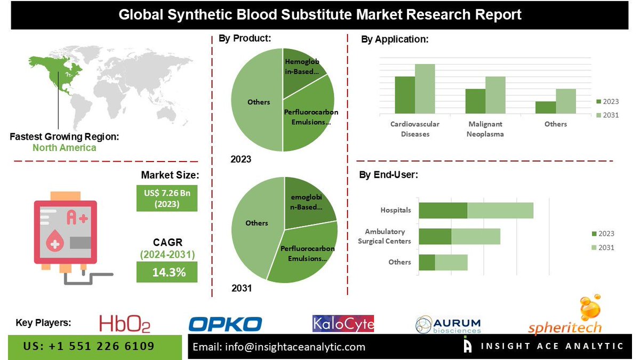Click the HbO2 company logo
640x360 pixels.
coord(124,324)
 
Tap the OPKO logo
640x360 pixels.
coord(226,324)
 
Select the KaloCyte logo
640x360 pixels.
coord(343,323)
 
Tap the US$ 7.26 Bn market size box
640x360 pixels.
coord(166,198)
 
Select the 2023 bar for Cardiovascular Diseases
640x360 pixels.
coord(405,95)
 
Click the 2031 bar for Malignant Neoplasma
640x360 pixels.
coord(495,95)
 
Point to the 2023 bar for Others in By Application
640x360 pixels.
coord(546,107)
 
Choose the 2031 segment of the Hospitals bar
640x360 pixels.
coord(500,210)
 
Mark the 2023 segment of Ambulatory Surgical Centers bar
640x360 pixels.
coord(435,236)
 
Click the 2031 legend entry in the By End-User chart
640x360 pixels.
coord(603,247)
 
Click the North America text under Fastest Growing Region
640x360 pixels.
coord(64,148)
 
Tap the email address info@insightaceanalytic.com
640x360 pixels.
coord(279,347)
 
